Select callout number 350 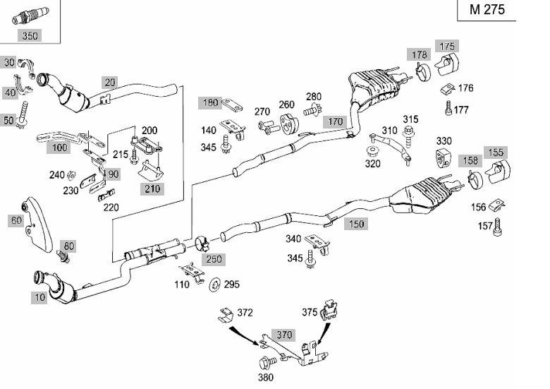tap(30, 35)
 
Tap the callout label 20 tap(109, 82)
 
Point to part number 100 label tap(61, 148)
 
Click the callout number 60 tap(16, 220)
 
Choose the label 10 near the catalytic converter tap(39, 297)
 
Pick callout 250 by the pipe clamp tap(214, 259)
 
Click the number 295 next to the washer tap(231, 285)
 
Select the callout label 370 tap(284, 335)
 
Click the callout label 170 tap(335, 121)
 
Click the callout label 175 tap(448, 46)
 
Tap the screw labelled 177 tap(448, 108)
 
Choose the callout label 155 tap(496, 152)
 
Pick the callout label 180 tap(211, 102)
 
